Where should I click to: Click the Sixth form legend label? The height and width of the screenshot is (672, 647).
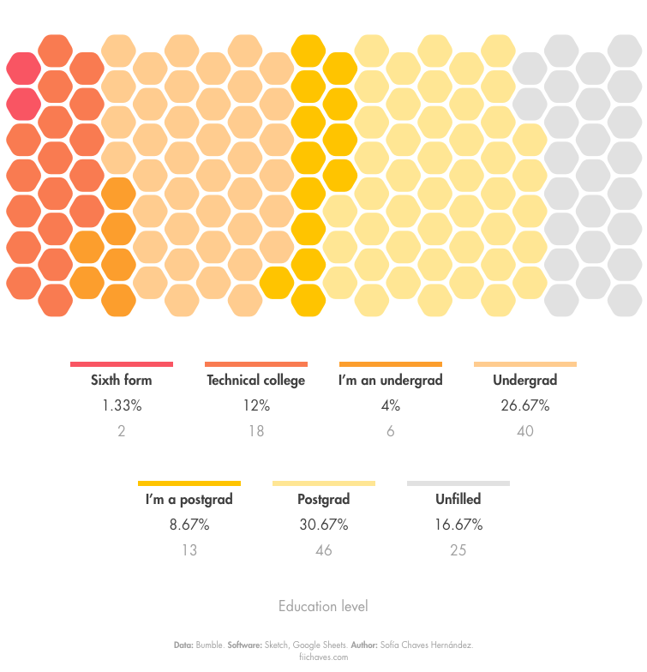tap(122, 380)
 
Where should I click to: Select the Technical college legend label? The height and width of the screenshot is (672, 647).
tap(255, 380)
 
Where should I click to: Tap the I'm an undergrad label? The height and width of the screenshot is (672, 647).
tap(390, 380)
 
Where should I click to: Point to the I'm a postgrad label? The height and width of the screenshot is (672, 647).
tap(189, 499)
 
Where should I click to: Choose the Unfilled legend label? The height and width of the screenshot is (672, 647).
tap(458, 499)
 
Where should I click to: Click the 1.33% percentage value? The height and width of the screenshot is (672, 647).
tap(122, 405)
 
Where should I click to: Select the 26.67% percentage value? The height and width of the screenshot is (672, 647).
tap(524, 405)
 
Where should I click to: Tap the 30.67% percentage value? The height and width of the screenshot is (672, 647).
tap(323, 525)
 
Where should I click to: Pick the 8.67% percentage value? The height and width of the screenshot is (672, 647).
tap(189, 525)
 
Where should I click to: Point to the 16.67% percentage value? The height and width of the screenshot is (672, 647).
tap(458, 525)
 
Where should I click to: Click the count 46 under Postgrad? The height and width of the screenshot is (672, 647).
tap(323, 550)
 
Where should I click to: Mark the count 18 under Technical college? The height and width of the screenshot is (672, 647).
tap(255, 431)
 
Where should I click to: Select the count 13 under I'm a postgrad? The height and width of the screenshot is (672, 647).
tap(189, 550)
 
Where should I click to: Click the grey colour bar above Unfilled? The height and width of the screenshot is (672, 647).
tap(458, 483)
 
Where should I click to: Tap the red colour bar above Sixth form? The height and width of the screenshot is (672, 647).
tap(122, 364)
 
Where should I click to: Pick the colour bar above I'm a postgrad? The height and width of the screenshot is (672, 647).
tap(189, 483)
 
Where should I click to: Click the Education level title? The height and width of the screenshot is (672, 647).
tap(323, 607)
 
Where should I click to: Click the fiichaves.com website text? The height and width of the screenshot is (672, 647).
tap(323, 657)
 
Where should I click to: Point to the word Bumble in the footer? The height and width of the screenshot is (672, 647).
tap(210, 645)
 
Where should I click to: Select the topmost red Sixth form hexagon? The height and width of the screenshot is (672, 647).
tap(23, 68)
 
